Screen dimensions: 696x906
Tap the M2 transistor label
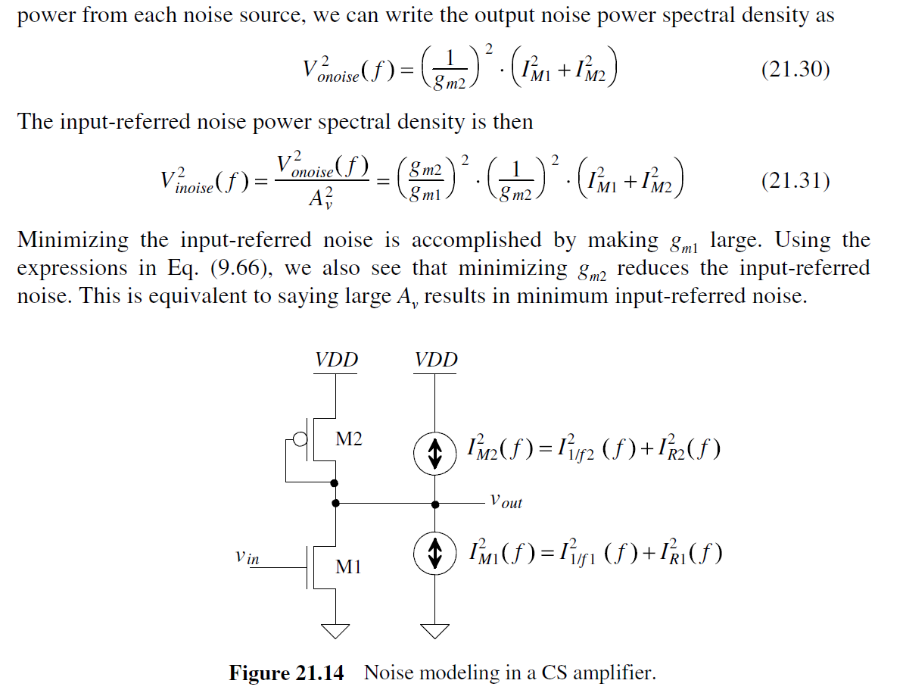(x=349, y=439)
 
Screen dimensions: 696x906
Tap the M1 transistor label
(x=349, y=566)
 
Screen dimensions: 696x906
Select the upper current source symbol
(x=435, y=454)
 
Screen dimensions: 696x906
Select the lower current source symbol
(x=435, y=554)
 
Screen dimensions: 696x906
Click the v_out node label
(x=506, y=501)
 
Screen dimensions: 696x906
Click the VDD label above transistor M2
(x=336, y=360)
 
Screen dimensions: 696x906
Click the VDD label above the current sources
(x=436, y=360)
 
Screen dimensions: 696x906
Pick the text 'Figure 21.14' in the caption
(x=286, y=673)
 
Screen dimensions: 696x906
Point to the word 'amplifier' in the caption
(x=614, y=673)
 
